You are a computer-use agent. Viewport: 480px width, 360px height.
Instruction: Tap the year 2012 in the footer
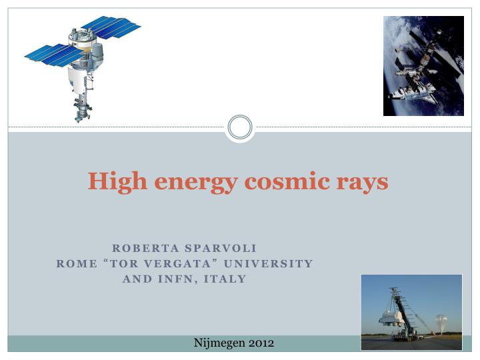[x=261, y=343]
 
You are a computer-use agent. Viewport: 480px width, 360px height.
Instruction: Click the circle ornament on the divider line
[x=240, y=127]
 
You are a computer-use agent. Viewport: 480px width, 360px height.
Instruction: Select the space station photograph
[x=423, y=65]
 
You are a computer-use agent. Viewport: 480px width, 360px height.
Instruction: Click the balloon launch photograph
[x=411, y=311]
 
